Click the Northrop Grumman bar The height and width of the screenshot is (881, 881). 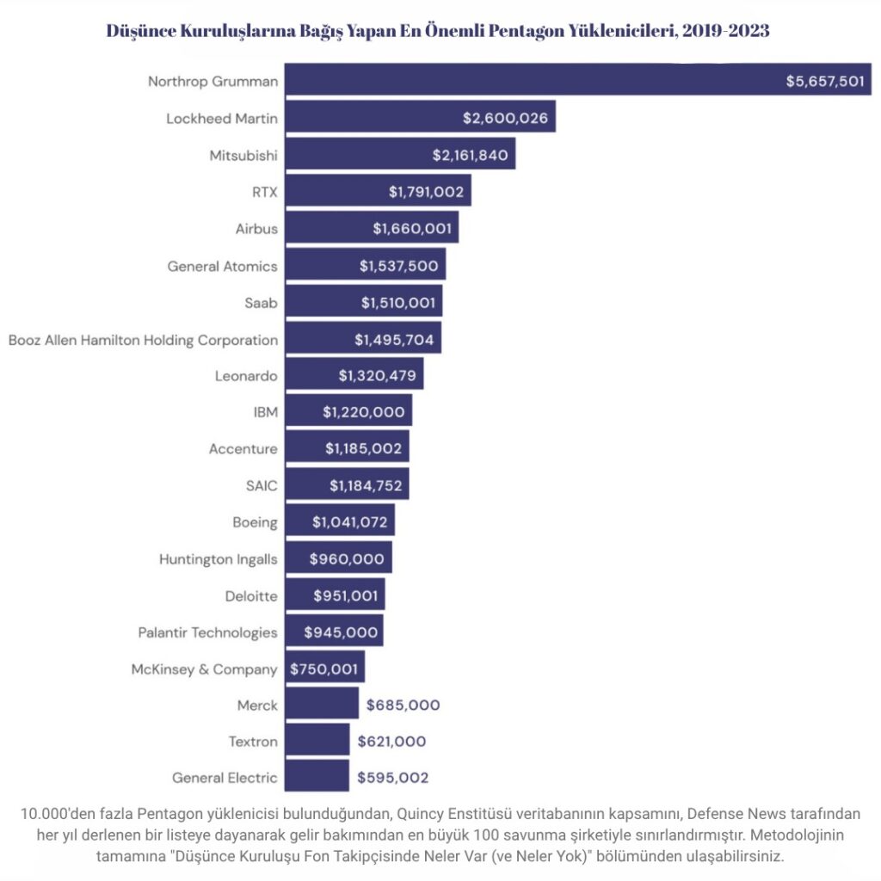(x=533, y=81)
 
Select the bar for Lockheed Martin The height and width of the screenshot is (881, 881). (x=370, y=118)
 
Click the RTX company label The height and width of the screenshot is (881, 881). (x=264, y=192)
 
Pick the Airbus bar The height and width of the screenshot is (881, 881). (x=327, y=228)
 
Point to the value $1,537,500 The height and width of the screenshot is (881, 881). (x=398, y=266)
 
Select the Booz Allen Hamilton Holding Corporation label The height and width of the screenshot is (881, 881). (x=143, y=340)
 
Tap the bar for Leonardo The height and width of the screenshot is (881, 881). (x=310, y=376)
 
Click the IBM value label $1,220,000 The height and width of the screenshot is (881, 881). (x=363, y=412)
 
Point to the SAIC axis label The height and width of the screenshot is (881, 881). (x=262, y=485)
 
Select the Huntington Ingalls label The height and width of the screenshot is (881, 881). (x=218, y=559)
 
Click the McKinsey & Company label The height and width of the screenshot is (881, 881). (x=204, y=668)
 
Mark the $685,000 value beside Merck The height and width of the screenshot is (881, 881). (x=403, y=705)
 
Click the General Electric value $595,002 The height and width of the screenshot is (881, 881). (x=392, y=778)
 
